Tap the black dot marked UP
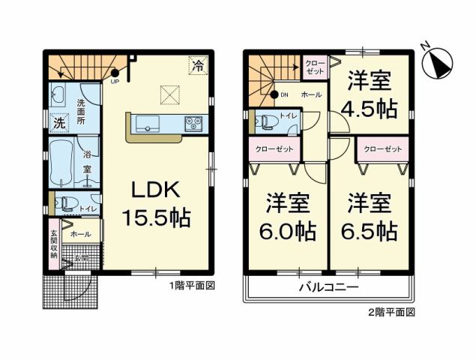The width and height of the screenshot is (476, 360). click(115, 73)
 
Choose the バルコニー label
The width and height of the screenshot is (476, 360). click(329, 287)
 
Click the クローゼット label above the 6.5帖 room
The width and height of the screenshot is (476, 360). click(382, 149)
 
